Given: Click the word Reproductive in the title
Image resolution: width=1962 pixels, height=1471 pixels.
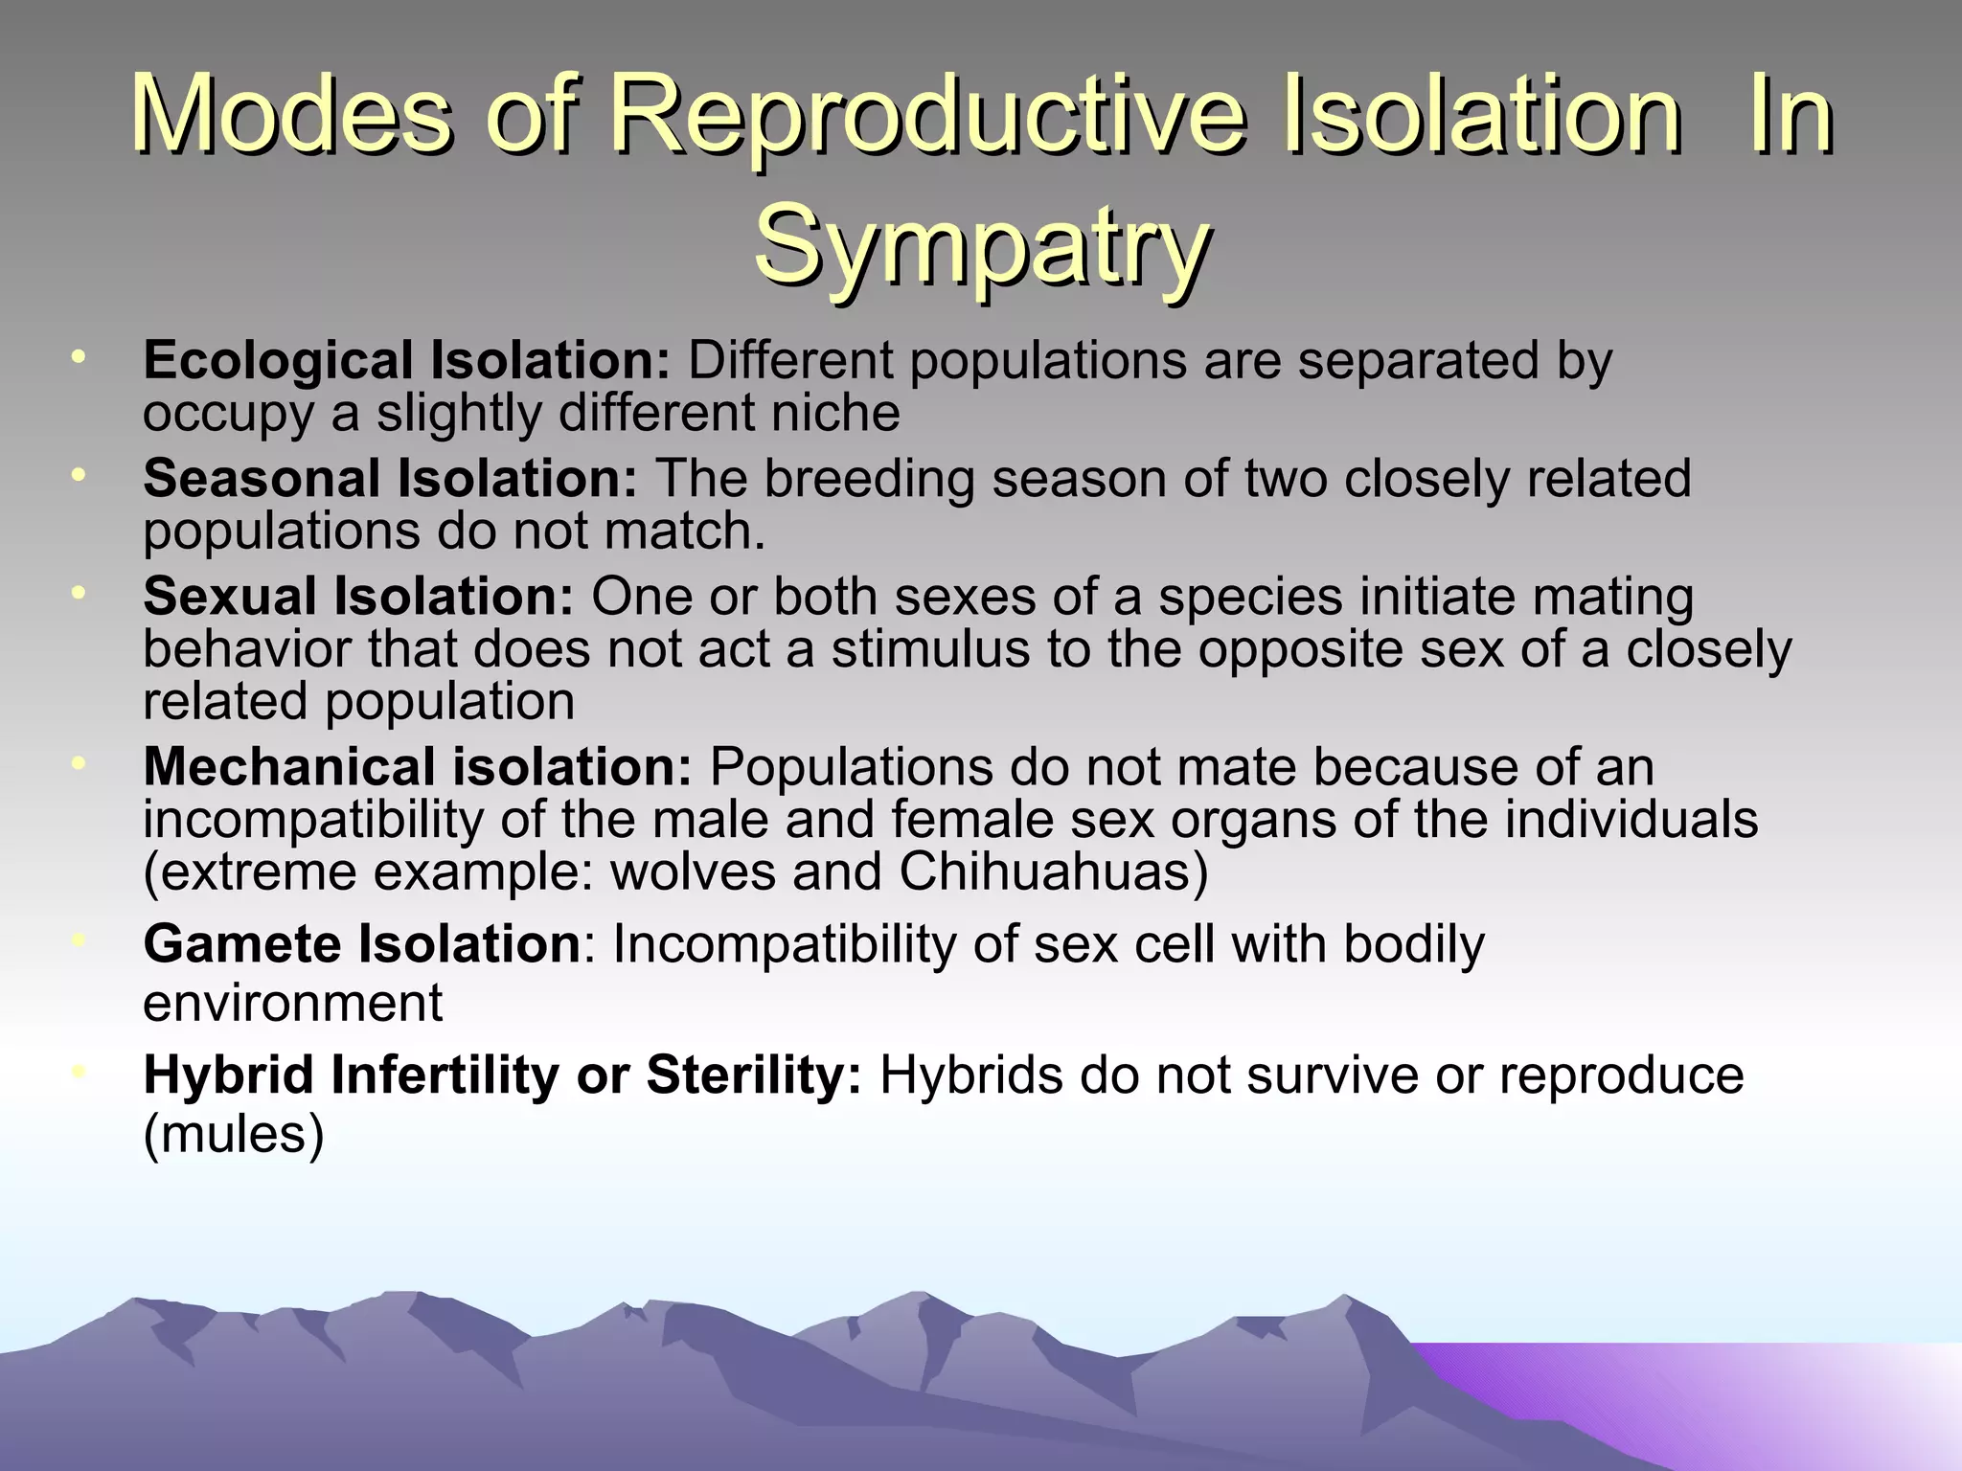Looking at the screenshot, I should [x=927, y=118].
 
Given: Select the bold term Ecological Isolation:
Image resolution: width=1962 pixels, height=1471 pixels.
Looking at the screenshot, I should [x=406, y=361].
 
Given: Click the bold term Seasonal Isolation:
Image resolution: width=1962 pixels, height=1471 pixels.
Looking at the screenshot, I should [x=390, y=479].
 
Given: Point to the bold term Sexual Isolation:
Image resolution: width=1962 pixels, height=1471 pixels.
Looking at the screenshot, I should [x=358, y=597].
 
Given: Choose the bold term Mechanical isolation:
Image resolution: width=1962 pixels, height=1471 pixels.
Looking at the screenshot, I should [x=417, y=767].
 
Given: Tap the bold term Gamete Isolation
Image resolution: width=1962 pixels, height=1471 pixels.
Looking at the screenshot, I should [x=362, y=944].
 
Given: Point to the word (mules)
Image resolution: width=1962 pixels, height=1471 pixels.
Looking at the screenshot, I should [x=234, y=1135].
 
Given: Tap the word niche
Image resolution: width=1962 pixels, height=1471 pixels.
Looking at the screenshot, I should [x=839, y=414].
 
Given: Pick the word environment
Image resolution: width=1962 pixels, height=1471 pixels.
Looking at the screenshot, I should [x=292, y=1004].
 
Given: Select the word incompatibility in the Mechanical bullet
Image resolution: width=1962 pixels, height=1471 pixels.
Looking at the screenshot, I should [x=312, y=821].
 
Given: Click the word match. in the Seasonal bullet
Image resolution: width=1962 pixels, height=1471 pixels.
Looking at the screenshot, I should [x=685, y=532].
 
